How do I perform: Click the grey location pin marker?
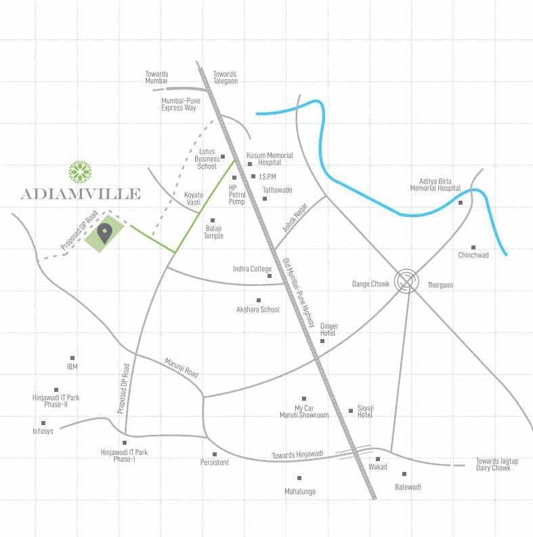coord(104,233)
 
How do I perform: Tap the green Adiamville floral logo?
coord(81,172)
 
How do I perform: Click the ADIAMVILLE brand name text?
coord(81,194)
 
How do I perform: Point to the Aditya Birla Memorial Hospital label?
coord(435,184)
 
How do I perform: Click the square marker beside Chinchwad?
coord(473,247)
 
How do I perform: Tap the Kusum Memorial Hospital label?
coord(270,159)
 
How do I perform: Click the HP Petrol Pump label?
coord(237,195)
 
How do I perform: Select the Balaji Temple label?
coord(214,232)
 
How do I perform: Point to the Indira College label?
coord(252,269)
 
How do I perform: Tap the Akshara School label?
coord(257,310)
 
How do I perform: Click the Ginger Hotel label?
coord(328,330)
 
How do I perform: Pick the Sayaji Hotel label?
coord(366,411)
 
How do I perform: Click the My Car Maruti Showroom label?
coord(304,412)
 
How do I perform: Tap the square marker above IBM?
coord(72,358)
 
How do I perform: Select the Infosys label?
coord(43,431)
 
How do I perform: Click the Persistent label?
coord(215,462)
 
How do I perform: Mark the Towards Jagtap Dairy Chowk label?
coord(496,464)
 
